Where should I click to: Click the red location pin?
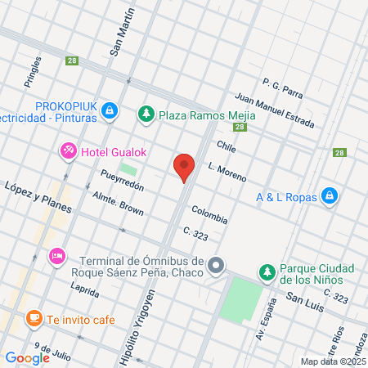pyautogui.click(x=185, y=166)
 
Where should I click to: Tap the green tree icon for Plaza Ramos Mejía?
pyautogui.click(x=146, y=113)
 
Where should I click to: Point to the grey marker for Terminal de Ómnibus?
pyautogui.click(x=216, y=265)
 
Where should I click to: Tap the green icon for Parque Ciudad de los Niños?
pyautogui.click(x=266, y=272)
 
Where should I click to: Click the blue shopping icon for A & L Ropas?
pyautogui.click(x=329, y=195)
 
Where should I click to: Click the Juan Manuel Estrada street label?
pyautogui.click(x=274, y=111)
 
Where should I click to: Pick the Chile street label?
pyautogui.click(x=227, y=146)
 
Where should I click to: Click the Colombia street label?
pyautogui.click(x=210, y=215)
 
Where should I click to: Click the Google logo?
pyautogui.click(x=27, y=357)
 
